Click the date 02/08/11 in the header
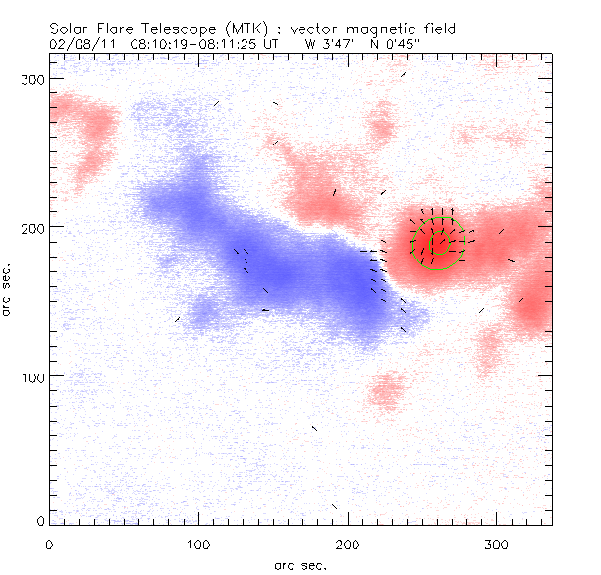80,44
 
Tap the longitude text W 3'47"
331,44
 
